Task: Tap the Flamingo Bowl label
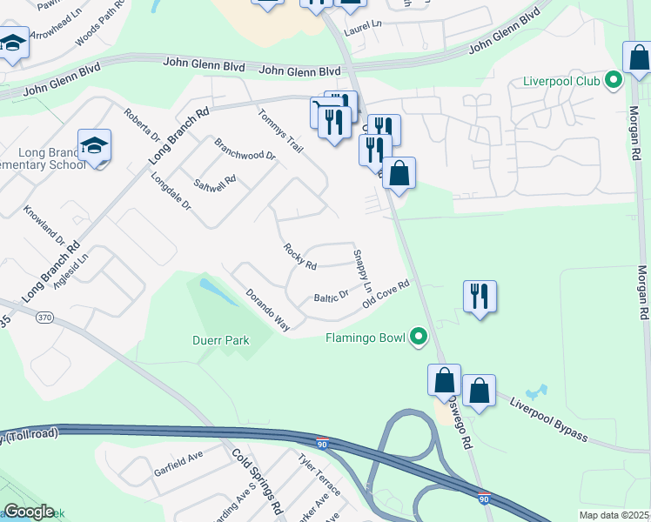pyautogui.click(x=366, y=337)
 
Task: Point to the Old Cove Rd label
pyautogui.click(x=386, y=293)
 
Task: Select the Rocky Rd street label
pyautogui.click(x=299, y=256)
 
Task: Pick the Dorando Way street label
pyautogui.click(x=267, y=311)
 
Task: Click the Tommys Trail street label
pyautogui.click(x=279, y=130)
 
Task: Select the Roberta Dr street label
pyautogui.click(x=141, y=125)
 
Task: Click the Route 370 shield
pyautogui.click(x=45, y=318)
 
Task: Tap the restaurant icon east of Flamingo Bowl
pyautogui.click(x=480, y=296)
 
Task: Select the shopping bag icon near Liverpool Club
pyautogui.click(x=638, y=58)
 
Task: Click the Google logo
pyautogui.click(x=29, y=512)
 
